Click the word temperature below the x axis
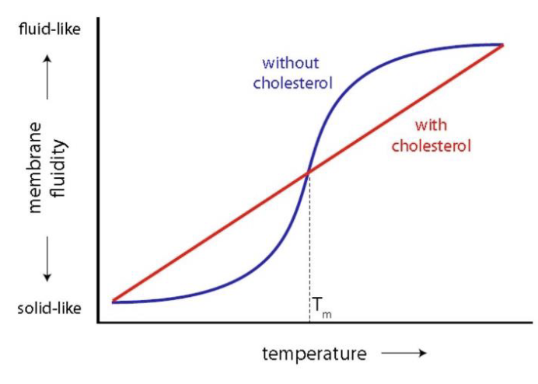[x=314, y=354]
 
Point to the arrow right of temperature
[x=404, y=354]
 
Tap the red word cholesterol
[x=433, y=145]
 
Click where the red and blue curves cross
[x=309, y=172]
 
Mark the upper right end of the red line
[x=504, y=44]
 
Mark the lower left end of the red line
[x=113, y=300]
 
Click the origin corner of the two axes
[x=97, y=322]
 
